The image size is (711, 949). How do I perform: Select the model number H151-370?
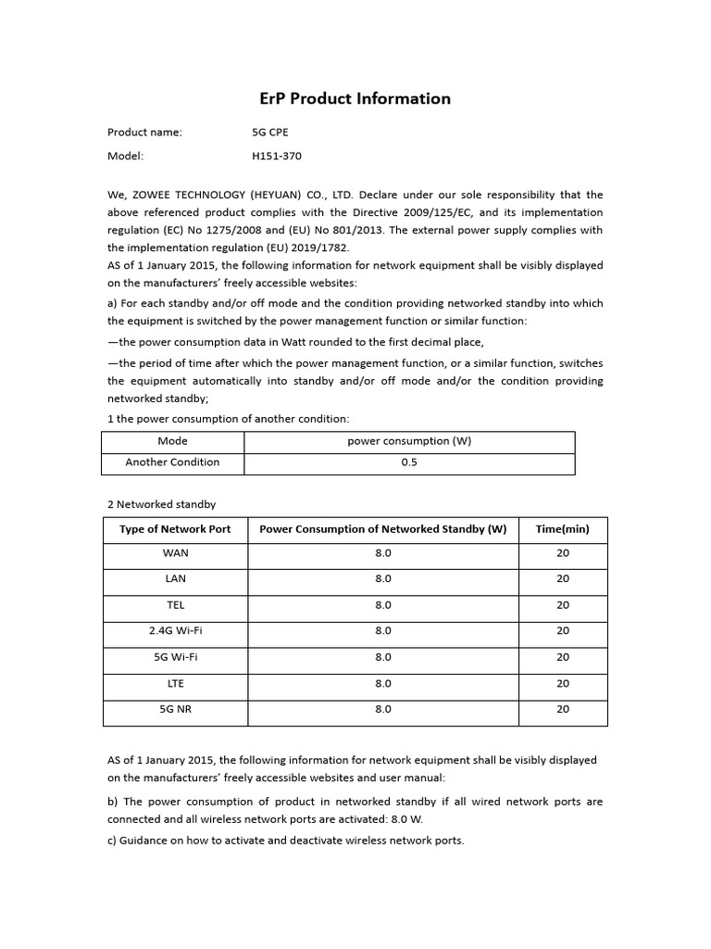tap(277, 157)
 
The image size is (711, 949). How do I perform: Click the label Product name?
tap(144, 132)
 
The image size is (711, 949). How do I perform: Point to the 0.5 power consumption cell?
tap(409, 462)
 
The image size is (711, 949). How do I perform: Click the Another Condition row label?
tap(172, 462)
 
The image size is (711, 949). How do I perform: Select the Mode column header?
tap(172, 441)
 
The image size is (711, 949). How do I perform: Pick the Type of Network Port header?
tap(175, 530)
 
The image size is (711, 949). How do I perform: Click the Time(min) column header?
tap(562, 530)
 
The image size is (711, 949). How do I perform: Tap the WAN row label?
tap(175, 552)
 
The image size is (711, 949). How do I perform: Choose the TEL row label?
tap(175, 604)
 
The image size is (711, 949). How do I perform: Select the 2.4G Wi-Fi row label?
tap(175, 630)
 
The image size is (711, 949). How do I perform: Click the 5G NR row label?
tap(175, 709)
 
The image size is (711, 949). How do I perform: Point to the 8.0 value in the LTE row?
tap(383, 683)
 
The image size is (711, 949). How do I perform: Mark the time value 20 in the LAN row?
tap(563, 578)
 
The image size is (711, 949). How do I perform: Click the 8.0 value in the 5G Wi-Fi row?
tap(383, 657)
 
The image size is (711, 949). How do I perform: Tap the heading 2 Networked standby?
tap(161, 504)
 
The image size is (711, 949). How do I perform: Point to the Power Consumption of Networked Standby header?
tap(383, 530)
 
